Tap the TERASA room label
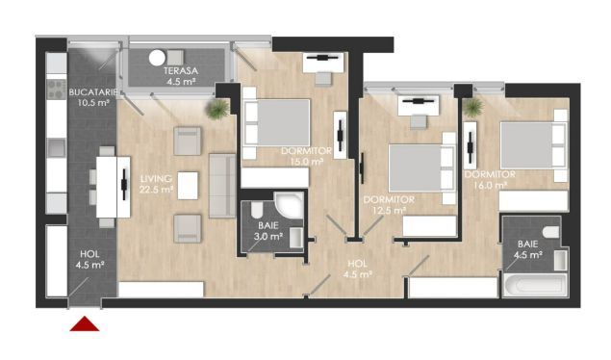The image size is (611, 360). click(179, 77)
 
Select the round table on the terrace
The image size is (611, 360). click(158, 57)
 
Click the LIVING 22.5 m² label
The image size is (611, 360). click(156, 184)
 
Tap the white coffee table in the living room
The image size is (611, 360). click(189, 183)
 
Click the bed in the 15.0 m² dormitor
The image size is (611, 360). click(278, 122)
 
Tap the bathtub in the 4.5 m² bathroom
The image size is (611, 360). click(535, 286)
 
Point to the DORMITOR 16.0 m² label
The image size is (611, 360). click(490, 181)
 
